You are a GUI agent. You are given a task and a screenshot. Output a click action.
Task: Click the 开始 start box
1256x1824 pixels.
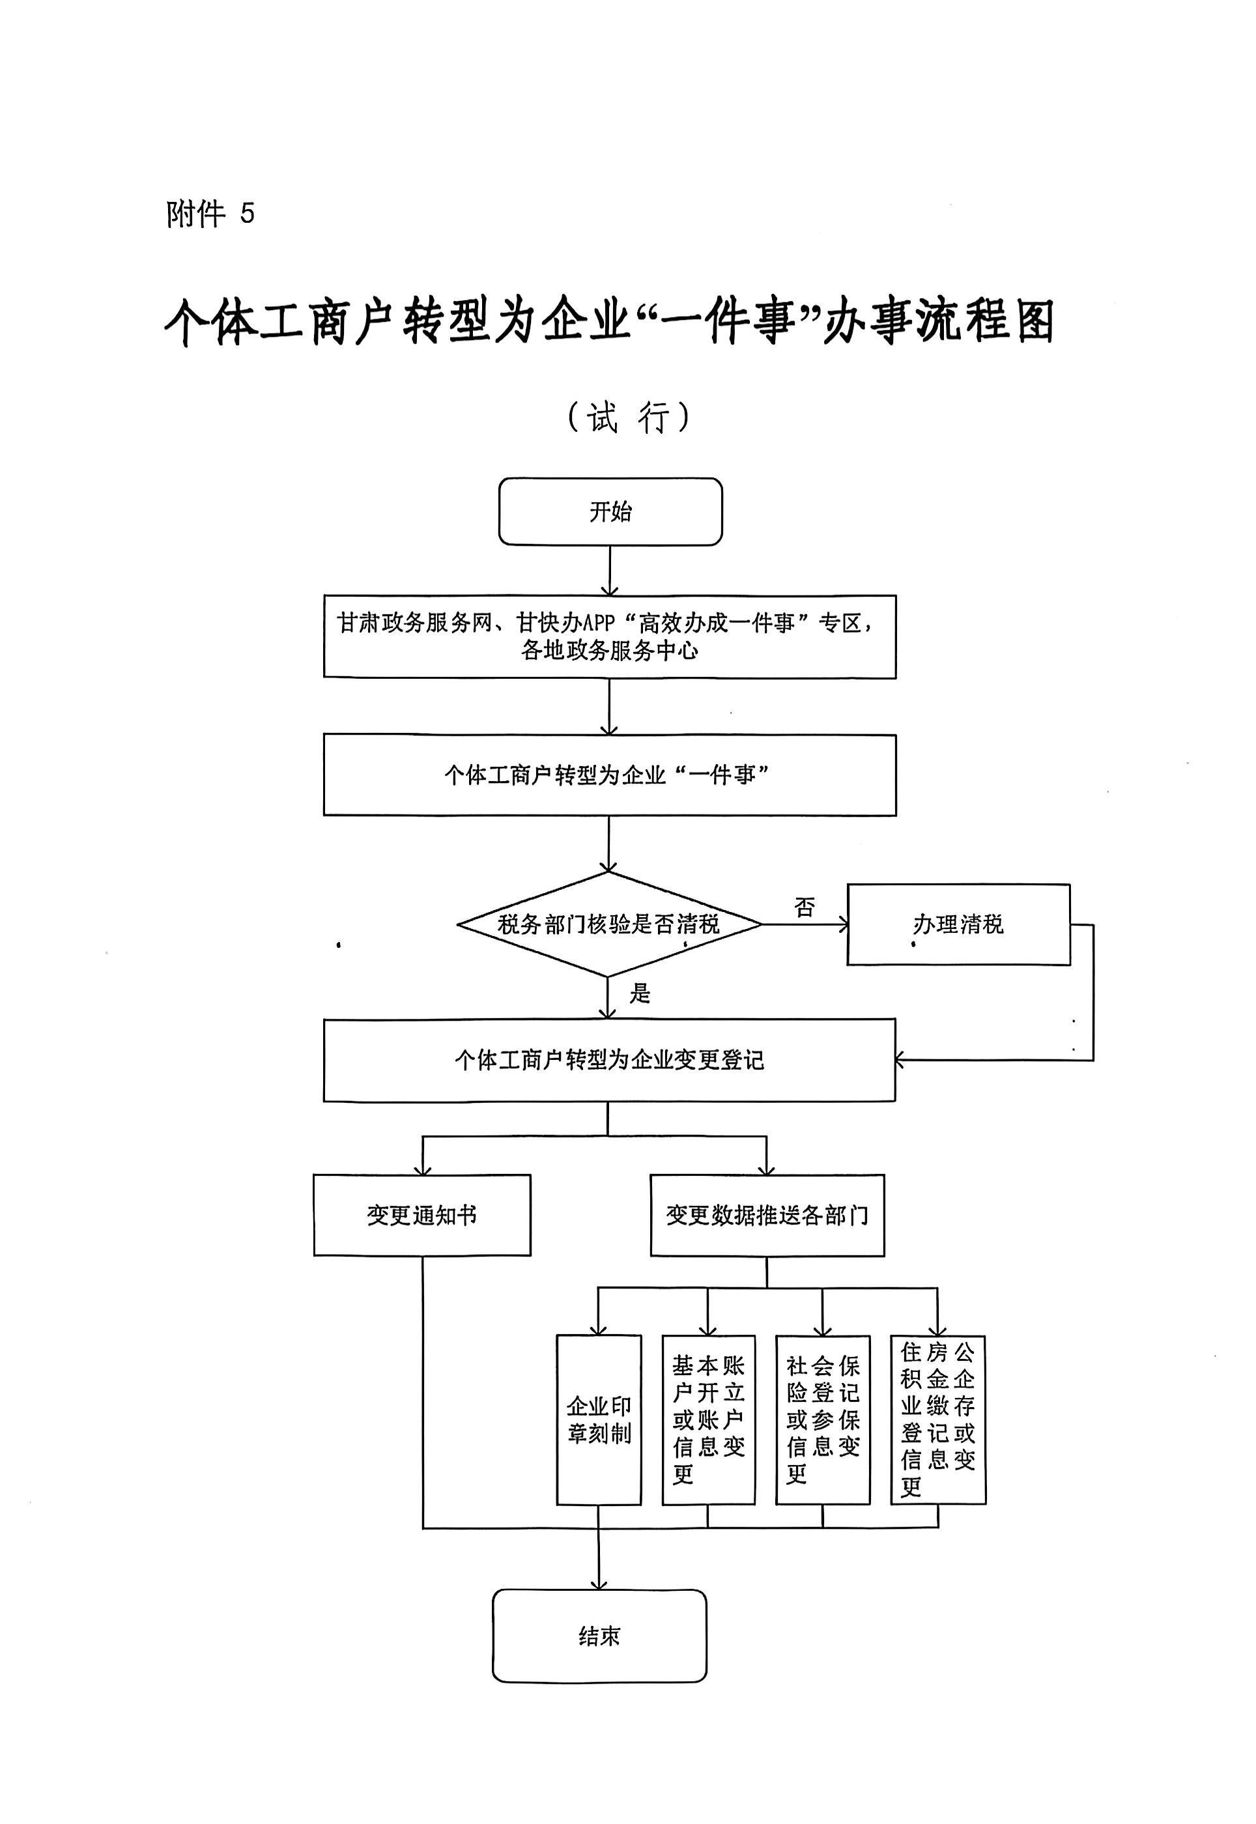(610, 511)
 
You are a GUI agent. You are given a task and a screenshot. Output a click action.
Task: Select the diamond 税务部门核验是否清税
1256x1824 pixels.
(608, 924)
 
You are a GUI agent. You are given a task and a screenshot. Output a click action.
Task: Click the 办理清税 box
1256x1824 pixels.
(958, 924)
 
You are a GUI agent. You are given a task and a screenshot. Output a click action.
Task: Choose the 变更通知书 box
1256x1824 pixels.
(421, 1215)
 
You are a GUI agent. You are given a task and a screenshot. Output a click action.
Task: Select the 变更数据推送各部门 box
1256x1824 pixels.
(767, 1215)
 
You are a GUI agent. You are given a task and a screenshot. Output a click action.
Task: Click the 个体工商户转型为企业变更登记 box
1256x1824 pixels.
(609, 1060)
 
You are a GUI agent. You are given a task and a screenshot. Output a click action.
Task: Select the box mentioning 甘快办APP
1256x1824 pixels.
(609, 636)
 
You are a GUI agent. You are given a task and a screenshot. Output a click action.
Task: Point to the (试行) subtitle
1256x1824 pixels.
(629, 417)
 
